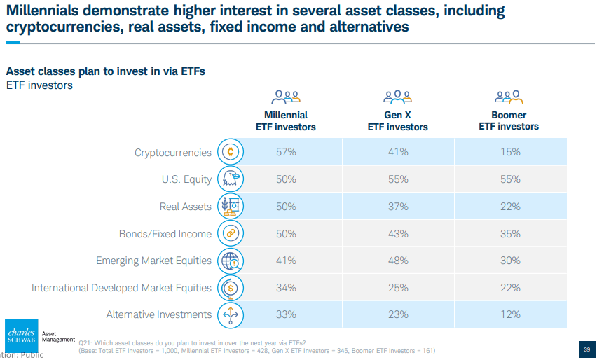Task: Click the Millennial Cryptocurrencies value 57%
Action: tap(286, 152)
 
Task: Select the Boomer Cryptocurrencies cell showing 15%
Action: tap(510, 152)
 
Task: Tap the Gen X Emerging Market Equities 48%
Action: tap(398, 261)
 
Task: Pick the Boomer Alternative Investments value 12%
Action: tap(510, 314)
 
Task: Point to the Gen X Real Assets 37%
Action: tap(398, 207)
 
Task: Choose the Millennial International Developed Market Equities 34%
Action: tap(286, 288)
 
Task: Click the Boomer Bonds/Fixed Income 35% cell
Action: tap(510, 234)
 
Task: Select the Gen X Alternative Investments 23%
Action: tap(398, 314)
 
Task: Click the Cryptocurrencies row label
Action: tap(172, 153)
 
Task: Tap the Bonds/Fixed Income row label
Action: tap(165, 234)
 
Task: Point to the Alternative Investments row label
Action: tap(158, 314)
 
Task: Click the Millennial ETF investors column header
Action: tap(286, 121)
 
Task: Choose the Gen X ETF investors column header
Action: tap(398, 121)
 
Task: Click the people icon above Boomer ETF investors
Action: tap(509, 96)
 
